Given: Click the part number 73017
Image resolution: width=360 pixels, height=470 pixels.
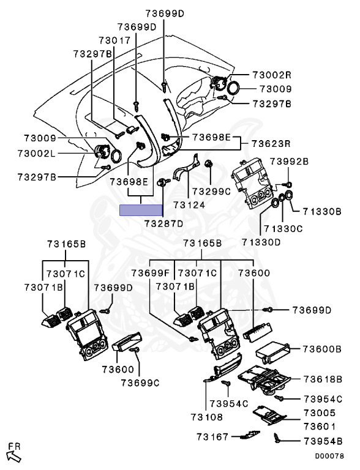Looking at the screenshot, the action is (x=115, y=40).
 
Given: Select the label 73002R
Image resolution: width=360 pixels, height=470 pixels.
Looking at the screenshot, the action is (x=272, y=75).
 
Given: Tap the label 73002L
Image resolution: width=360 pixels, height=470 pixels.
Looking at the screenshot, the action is (x=37, y=154).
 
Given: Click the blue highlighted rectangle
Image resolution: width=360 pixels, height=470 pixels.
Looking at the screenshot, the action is (x=141, y=210).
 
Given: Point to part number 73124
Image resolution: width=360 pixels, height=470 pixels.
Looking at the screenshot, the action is (x=189, y=205).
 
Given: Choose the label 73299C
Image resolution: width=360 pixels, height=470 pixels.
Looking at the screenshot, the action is (x=211, y=191).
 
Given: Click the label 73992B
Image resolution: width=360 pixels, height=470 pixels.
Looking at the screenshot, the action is (x=289, y=162).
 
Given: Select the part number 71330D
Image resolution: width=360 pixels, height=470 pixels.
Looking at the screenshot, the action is (x=261, y=242).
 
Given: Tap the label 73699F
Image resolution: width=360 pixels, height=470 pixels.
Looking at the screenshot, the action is (x=150, y=273).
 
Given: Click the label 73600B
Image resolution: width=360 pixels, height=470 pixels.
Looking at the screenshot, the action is (x=322, y=349).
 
